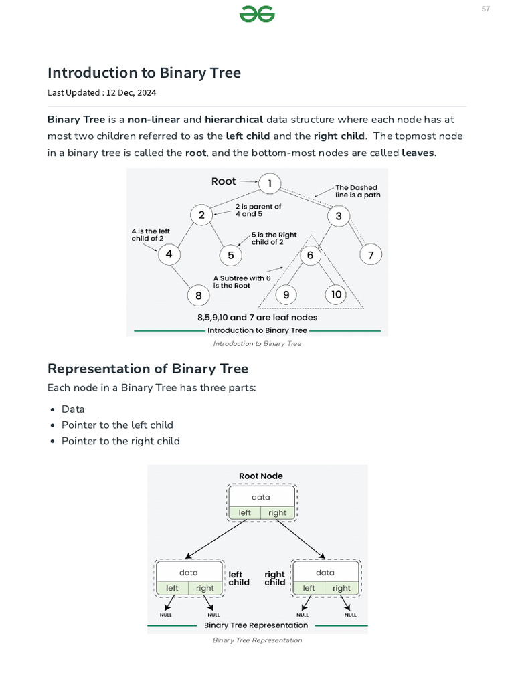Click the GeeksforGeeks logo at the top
click(x=258, y=14)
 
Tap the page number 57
click(x=485, y=9)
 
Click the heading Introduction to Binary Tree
click(x=144, y=73)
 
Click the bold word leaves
click(x=418, y=153)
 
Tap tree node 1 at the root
click(x=270, y=183)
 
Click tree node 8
click(x=198, y=295)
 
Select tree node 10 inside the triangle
click(x=336, y=294)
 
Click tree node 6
click(x=311, y=255)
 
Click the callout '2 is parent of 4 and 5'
click(x=258, y=211)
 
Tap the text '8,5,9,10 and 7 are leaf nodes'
click(x=257, y=318)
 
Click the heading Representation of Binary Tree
click(x=148, y=369)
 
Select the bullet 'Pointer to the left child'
click(x=117, y=425)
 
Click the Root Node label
click(x=261, y=476)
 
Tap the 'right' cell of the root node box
click(x=277, y=513)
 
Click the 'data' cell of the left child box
click(x=189, y=573)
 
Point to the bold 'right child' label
click(x=274, y=578)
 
